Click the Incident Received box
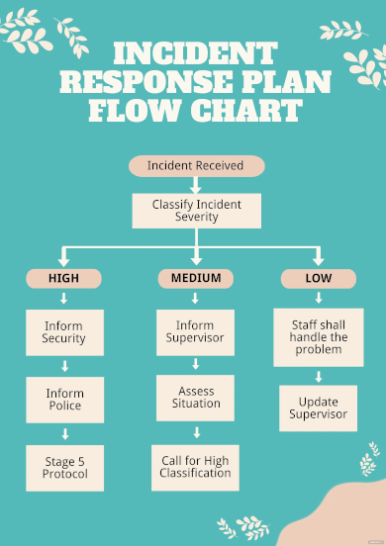[195, 165]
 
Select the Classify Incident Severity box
[195, 211]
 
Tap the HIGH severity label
[64, 279]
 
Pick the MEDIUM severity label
[195, 279]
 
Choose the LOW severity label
[318, 279]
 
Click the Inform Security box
[64, 332]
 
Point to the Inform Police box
[64, 400]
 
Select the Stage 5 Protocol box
[64, 467]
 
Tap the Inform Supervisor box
[195, 332]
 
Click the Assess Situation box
[195, 398]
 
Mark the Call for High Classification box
[195, 467]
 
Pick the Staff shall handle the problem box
[318, 336]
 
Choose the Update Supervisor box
[318, 408]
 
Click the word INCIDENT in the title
[194, 53]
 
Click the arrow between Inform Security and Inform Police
[64, 366]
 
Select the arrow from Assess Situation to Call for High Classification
[195, 432]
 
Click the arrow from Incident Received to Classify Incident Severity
[195, 185]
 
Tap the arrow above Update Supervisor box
[318, 376]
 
